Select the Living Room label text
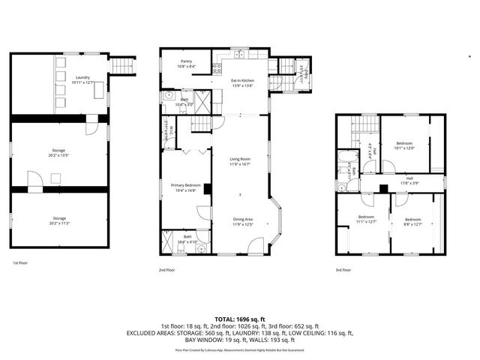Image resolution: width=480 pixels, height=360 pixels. click(x=240, y=161)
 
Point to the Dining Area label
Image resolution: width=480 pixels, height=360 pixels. click(x=244, y=221)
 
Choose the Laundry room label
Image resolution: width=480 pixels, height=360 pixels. click(x=83, y=79)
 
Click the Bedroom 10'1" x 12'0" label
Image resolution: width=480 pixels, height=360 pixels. click(x=404, y=145)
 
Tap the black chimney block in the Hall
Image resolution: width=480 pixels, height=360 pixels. click(x=383, y=188)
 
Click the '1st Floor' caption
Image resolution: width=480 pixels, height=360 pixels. click(x=20, y=263)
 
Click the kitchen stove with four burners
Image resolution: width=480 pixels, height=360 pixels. click(x=217, y=68)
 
